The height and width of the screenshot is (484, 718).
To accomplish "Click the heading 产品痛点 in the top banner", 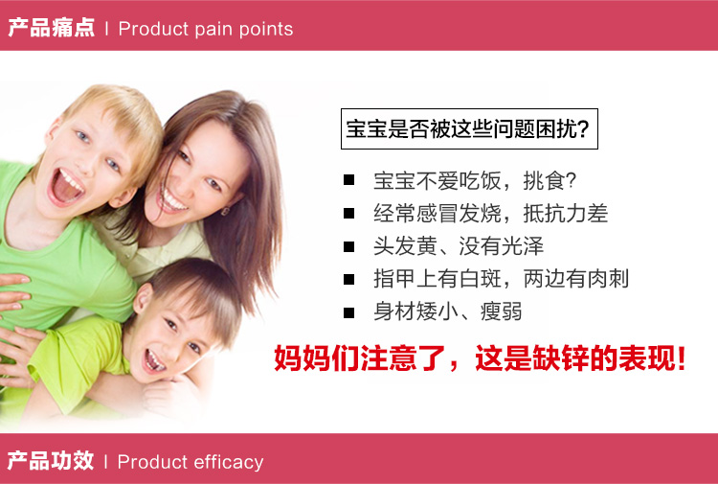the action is coord(52,28).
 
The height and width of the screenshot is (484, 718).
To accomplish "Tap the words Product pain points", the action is coord(206,29).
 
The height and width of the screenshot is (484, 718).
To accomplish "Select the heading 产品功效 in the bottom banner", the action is coord(51,460).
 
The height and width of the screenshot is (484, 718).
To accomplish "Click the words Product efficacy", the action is coord(191,462).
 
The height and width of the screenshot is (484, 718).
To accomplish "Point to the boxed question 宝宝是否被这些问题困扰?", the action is coord(469,128).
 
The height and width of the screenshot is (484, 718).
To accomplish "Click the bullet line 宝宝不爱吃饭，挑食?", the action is coord(475,180).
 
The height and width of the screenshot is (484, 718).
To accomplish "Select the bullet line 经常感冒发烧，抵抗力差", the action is coord(491,213).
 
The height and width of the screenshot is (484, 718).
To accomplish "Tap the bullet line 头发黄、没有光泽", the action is coord(459,246).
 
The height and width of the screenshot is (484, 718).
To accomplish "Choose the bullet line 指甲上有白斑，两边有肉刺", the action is coord(502,279).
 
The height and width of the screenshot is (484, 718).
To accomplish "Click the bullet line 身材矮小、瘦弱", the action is coord(448,311).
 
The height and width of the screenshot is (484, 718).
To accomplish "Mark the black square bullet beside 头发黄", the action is coord(348,246).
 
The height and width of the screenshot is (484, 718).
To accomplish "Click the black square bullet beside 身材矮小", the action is coord(348,312).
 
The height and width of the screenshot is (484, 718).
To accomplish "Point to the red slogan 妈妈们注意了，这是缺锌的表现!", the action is coord(480,357).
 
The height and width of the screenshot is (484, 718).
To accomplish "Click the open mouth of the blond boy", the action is coord(65,186).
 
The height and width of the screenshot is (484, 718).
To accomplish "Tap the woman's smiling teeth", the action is coord(173,200).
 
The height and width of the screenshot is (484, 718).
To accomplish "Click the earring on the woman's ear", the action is coord(225,211).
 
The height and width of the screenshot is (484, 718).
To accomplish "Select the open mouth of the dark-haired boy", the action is coord(153,361).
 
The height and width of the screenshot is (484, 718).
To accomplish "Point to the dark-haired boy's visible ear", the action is coord(143,299).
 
